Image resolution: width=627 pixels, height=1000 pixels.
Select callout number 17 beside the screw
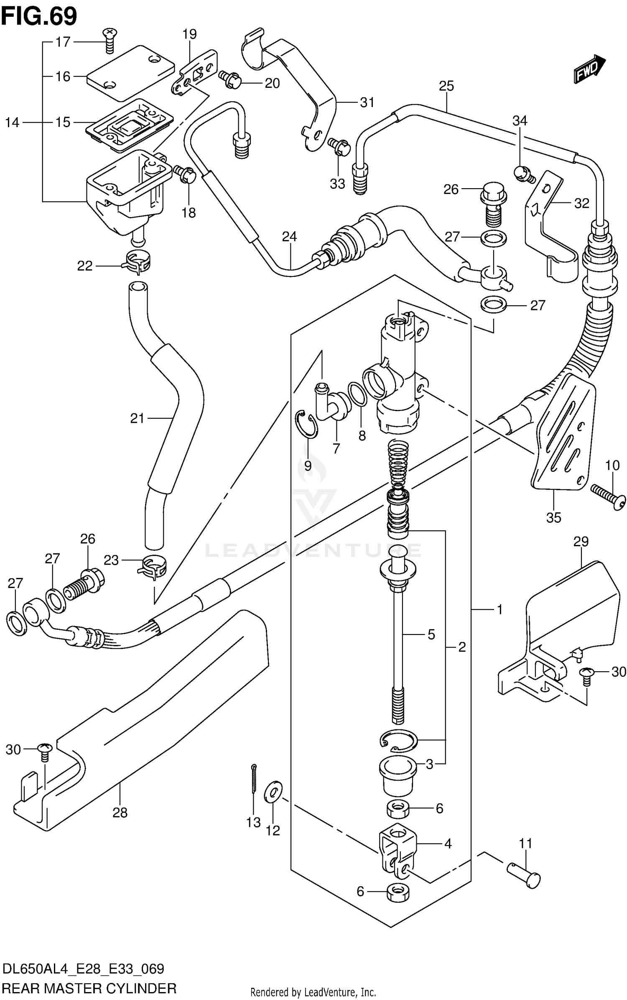(64, 42)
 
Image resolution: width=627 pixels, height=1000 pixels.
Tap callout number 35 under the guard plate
(553, 517)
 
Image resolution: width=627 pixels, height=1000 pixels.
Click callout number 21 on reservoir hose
(137, 418)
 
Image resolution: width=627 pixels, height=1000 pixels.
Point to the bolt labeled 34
(522, 173)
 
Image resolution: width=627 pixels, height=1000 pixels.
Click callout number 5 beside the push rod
(431, 634)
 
